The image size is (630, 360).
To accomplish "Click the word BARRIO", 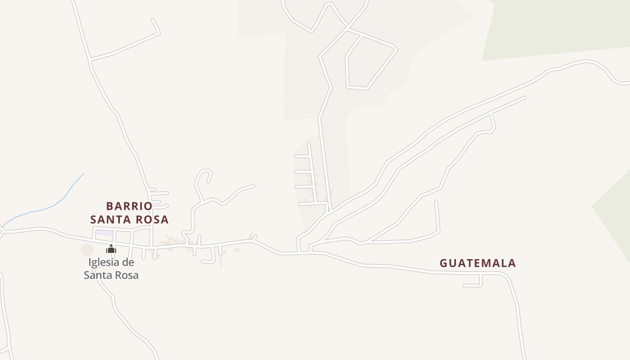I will point(129,206).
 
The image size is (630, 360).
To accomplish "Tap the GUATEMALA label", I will point(477,263).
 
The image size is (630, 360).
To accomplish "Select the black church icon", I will point(111,249).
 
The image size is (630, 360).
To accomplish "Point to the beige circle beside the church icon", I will point(87,250).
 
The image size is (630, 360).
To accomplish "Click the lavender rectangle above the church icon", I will point(104,233).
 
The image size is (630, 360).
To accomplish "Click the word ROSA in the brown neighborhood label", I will point(153,220).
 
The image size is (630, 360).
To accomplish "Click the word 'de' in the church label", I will point(128,262).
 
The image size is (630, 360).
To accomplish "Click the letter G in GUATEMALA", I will point(444,263).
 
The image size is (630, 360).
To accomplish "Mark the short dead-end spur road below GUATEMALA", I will point(472,285).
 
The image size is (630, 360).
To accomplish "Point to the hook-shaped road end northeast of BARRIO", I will point(205,173).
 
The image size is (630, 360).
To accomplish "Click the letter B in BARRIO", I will point(110,206).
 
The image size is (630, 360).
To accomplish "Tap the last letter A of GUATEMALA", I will point(512,263).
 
